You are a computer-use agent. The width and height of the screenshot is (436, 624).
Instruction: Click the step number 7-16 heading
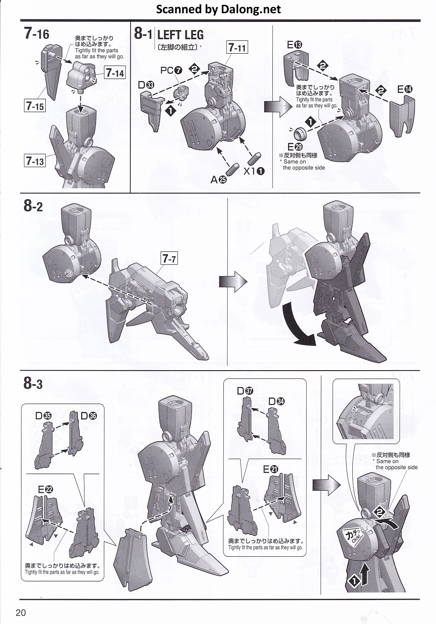[36, 34]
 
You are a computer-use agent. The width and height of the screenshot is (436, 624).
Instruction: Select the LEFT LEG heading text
[180, 35]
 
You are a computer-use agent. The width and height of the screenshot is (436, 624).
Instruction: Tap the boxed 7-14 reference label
[115, 73]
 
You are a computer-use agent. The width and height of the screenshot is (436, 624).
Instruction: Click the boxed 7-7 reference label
[169, 259]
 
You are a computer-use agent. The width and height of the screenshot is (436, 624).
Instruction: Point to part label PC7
[171, 71]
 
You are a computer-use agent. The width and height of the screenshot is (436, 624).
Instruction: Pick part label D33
[146, 85]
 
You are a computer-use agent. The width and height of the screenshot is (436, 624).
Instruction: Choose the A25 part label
[219, 180]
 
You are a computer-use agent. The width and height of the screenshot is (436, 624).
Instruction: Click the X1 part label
[254, 171]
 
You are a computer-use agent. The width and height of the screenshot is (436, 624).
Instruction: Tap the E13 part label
[295, 45]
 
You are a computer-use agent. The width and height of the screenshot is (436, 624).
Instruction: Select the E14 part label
[405, 89]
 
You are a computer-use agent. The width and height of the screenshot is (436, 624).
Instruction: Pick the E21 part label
[271, 469]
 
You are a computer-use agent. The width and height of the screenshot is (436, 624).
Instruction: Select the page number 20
[21, 613]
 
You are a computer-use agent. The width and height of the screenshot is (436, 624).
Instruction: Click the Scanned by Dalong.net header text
[218, 9]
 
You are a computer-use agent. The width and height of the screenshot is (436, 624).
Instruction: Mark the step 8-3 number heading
[33, 383]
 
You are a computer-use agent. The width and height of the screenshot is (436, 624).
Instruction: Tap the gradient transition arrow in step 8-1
[278, 106]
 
